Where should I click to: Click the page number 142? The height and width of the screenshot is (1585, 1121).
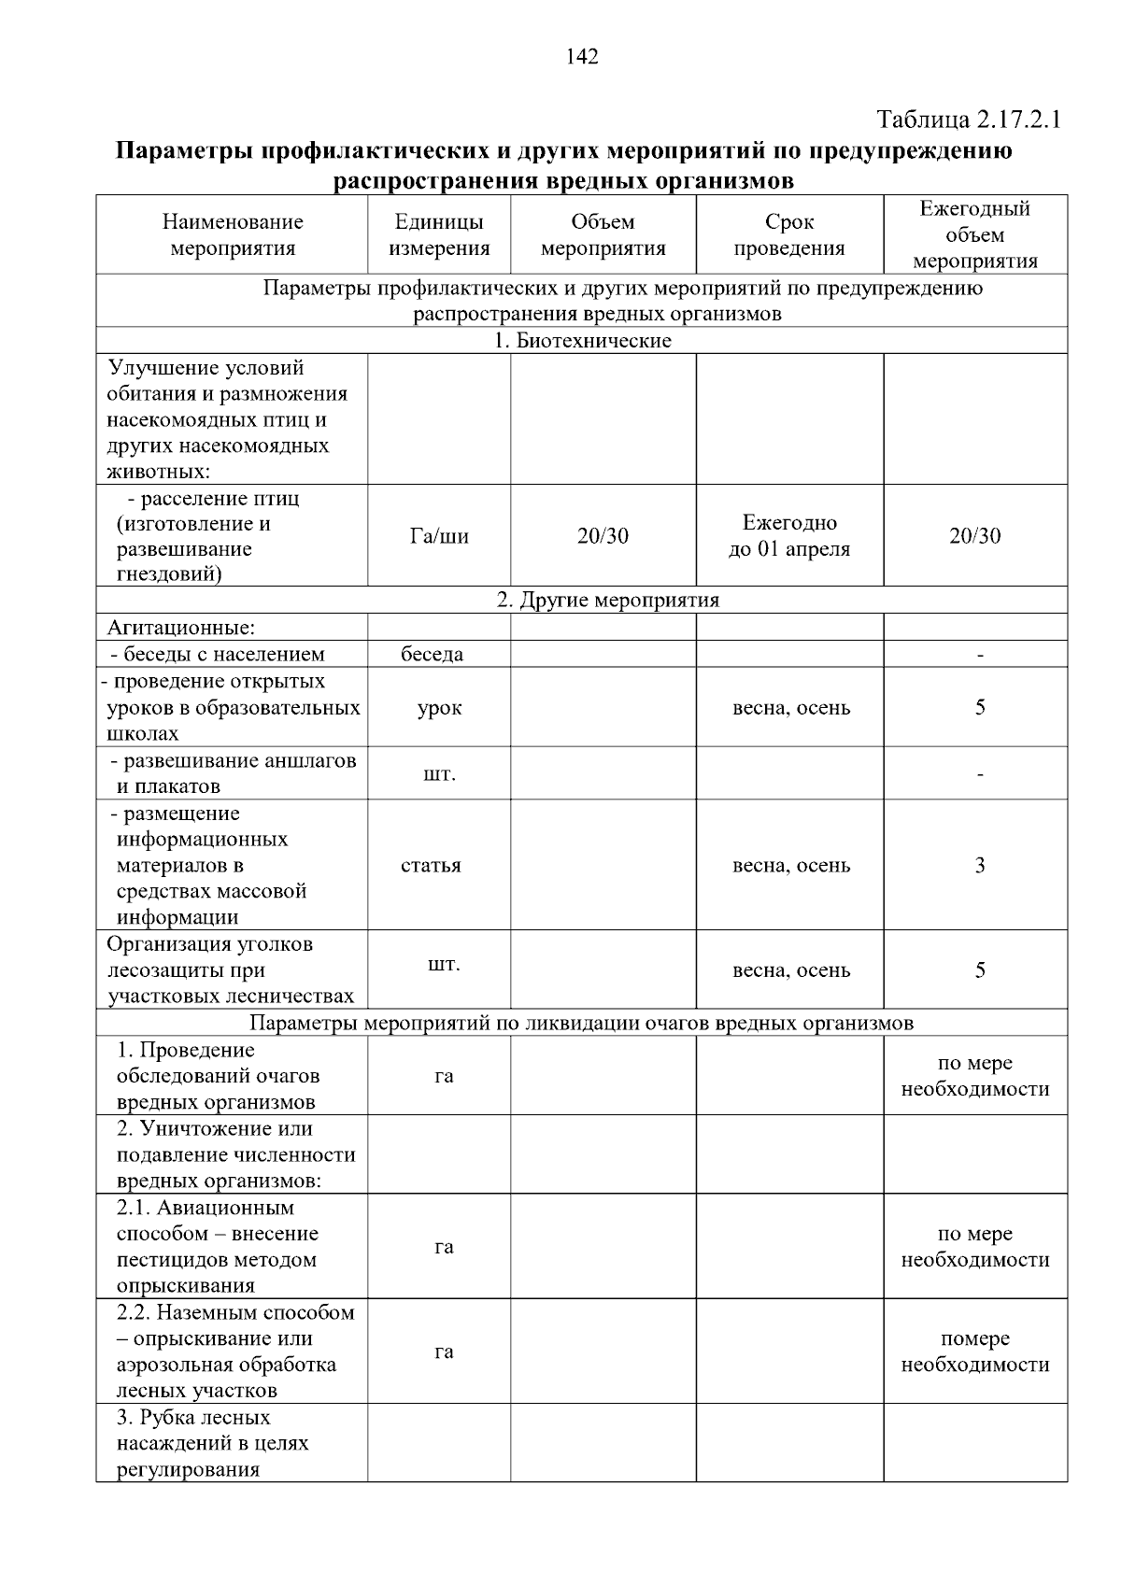coord(581,57)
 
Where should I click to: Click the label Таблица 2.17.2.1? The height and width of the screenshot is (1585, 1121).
coord(969,120)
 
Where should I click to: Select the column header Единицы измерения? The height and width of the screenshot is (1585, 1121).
coord(439,235)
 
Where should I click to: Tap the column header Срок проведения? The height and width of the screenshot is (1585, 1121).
coord(788,235)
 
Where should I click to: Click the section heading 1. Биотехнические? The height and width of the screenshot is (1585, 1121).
coord(582,341)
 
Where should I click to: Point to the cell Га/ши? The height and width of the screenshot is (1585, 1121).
coord(439,536)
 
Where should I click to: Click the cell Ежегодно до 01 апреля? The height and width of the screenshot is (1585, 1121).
coord(788,536)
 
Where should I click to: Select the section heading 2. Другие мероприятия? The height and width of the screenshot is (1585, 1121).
coord(607,601)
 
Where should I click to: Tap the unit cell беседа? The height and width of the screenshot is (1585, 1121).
coord(432,655)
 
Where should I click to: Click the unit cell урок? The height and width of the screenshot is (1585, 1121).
coord(439,708)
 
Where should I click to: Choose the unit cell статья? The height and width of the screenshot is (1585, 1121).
coord(431,866)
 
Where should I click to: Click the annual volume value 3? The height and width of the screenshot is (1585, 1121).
coord(979,866)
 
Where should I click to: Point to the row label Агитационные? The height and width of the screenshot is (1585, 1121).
coord(181,628)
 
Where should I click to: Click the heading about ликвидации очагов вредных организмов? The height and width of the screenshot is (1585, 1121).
coord(581,1024)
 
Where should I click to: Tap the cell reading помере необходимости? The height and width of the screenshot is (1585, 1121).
coord(974,1351)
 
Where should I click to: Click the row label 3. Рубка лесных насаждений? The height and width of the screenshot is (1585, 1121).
coord(212,1443)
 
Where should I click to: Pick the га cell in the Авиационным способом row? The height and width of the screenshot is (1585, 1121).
coord(444,1247)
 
